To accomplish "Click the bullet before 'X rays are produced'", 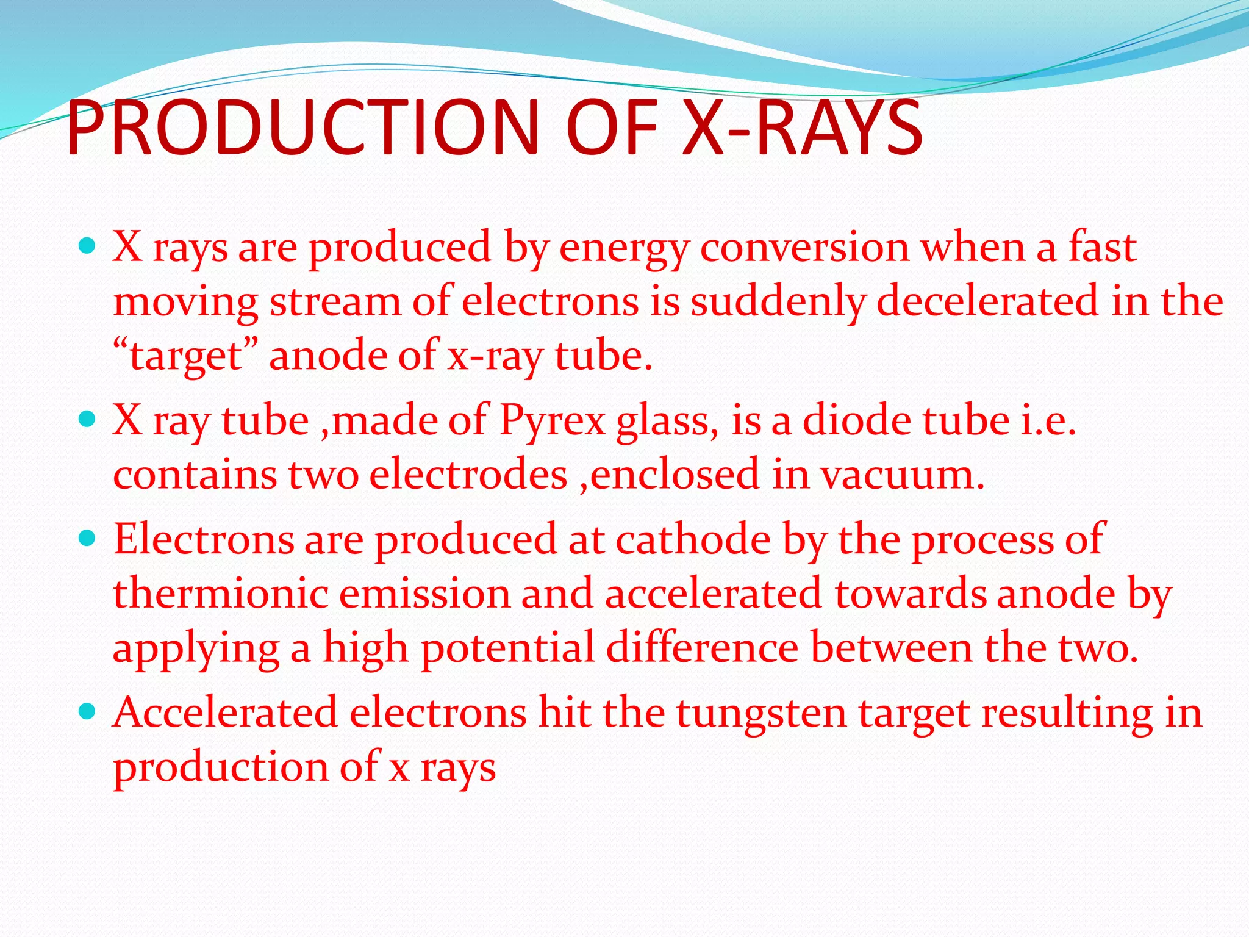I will coord(88,246).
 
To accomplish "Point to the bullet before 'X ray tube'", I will coord(88,419).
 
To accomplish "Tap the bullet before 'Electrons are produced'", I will coord(88,538).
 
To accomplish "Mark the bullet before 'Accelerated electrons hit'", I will coord(88,711).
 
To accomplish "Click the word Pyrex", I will coord(553,422).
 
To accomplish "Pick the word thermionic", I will coord(220,594).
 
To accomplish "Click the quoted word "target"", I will coord(186,356).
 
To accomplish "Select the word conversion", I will coord(804,248).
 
